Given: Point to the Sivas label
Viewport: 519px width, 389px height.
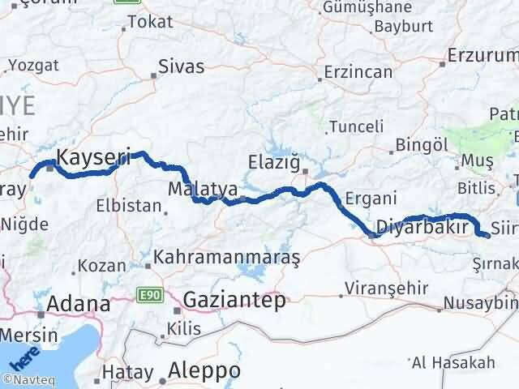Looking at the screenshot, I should click(182, 66).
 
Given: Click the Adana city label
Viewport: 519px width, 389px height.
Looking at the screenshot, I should click(79, 305).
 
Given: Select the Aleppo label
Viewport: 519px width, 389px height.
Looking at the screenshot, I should click(204, 370).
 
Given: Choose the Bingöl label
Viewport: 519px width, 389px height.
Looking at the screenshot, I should click(422, 144).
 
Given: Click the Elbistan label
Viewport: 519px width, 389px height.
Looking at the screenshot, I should click(127, 205).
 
